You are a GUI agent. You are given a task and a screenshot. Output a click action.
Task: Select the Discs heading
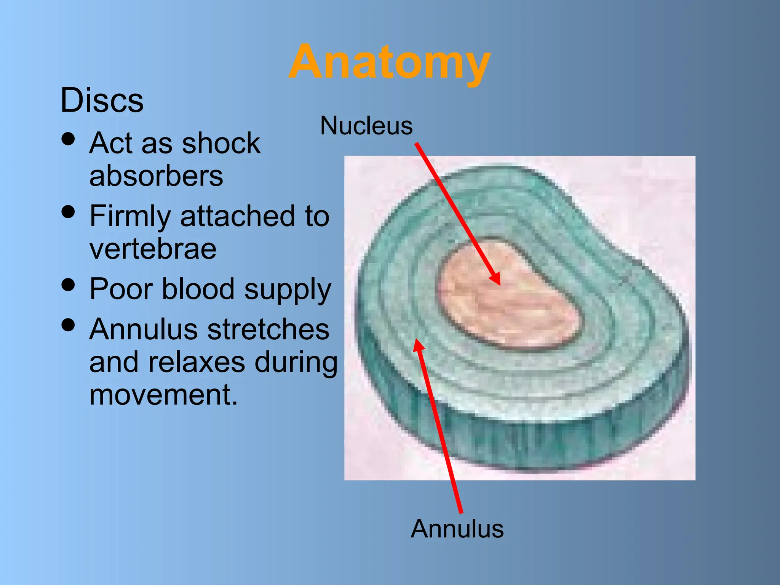click(x=102, y=100)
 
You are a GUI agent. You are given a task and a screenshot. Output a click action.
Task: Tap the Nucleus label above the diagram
click(x=366, y=126)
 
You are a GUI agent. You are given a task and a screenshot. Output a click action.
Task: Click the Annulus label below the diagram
click(x=457, y=529)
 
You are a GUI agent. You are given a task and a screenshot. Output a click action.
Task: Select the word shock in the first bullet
click(x=221, y=143)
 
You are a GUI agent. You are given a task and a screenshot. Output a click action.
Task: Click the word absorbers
click(x=156, y=176)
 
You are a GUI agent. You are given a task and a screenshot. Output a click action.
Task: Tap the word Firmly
click(x=130, y=216)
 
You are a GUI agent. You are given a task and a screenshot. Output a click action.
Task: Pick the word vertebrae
click(x=153, y=249)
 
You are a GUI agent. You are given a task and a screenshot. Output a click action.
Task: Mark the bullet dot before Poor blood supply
click(x=68, y=285)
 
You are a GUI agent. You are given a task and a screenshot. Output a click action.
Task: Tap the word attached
click(x=237, y=216)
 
